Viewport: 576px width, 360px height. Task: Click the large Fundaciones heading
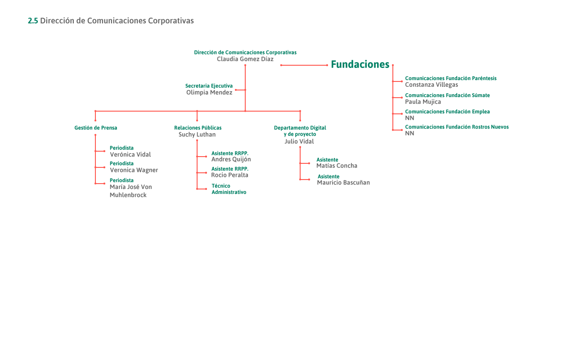click(360, 64)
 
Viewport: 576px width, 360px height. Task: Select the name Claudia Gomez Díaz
click(245, 59)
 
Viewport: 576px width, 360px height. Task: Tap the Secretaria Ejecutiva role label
click(209, 85)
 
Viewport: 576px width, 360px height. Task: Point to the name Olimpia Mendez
click(209, 92)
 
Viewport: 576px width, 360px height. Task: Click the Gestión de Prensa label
click(95, 128)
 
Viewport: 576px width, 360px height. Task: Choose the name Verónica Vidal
click(130, 154)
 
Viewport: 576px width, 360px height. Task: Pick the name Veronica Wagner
click(134, 170)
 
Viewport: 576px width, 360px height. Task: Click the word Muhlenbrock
click(128, 195)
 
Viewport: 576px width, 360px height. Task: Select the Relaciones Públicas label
click(198, 128)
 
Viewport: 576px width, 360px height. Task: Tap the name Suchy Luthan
click(197, 135)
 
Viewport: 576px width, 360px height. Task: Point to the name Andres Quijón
click(231, 159)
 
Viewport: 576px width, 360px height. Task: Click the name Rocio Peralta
click(229, 175)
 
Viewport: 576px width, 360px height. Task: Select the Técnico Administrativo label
click(229, 189)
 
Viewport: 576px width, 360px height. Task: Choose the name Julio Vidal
click(299, 141)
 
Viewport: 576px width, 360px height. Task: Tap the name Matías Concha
click(337, 166)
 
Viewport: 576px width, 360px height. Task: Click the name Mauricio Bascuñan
click(343, 183)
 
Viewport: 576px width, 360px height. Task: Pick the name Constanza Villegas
click(432, 85)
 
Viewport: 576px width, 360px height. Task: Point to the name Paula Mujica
click(423, 102)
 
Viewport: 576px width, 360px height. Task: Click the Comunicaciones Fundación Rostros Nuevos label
click(457, 127)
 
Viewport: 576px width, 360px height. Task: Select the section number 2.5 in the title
click(33, 21)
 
